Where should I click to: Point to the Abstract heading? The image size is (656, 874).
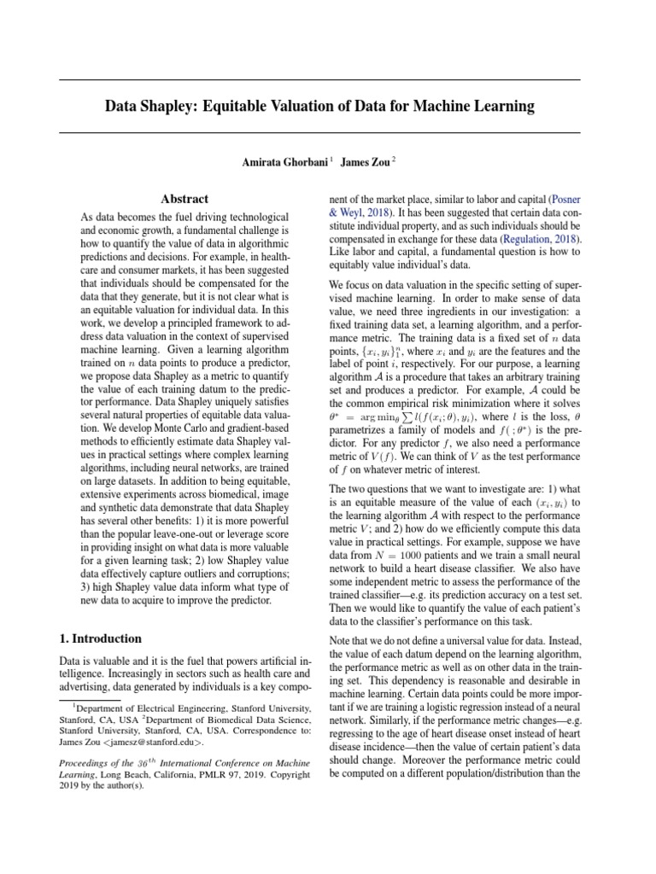185,199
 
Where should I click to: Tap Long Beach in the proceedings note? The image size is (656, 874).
112,773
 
